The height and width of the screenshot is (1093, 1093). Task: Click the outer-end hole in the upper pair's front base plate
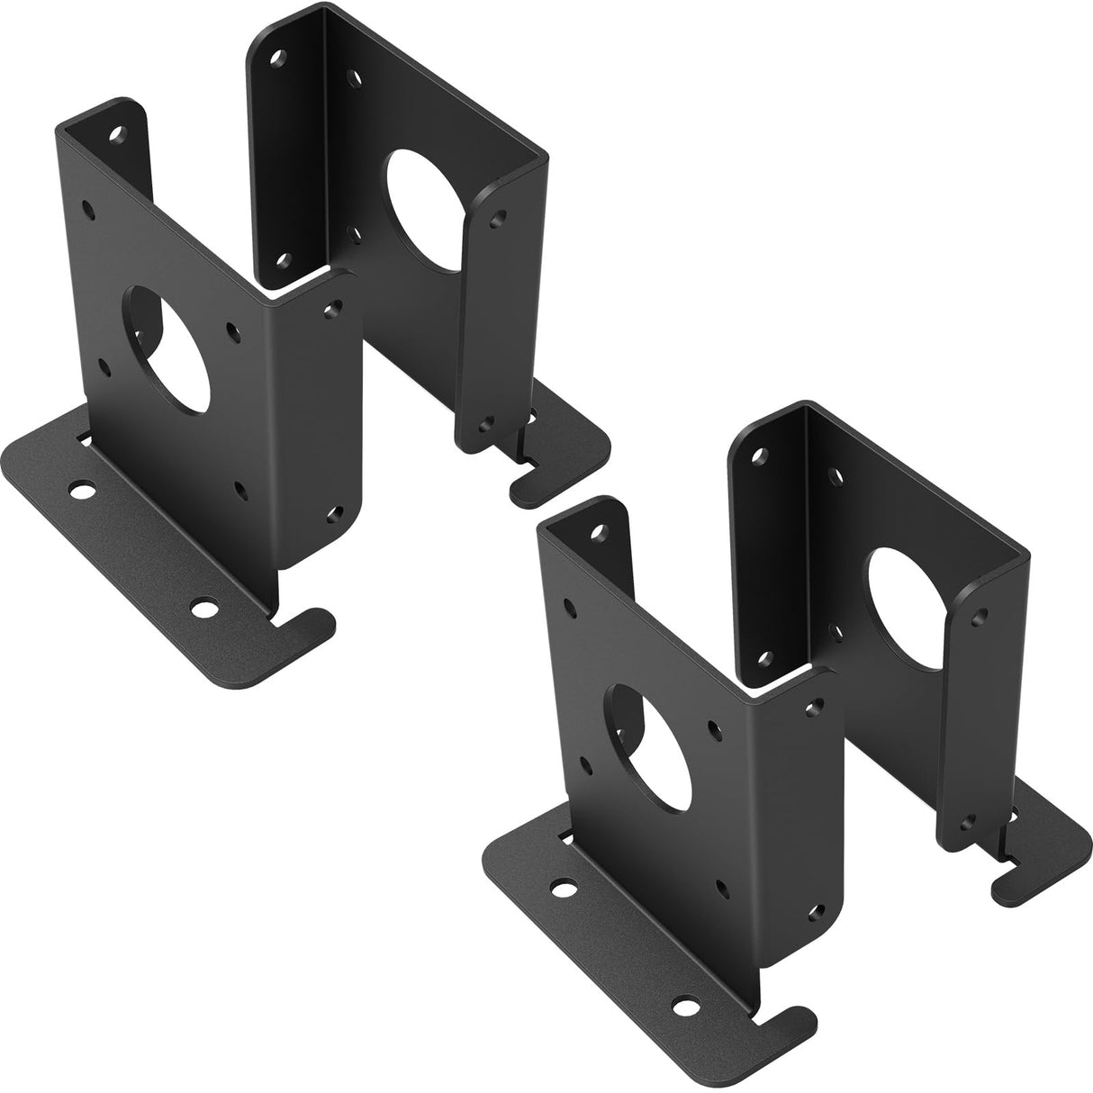83,492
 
